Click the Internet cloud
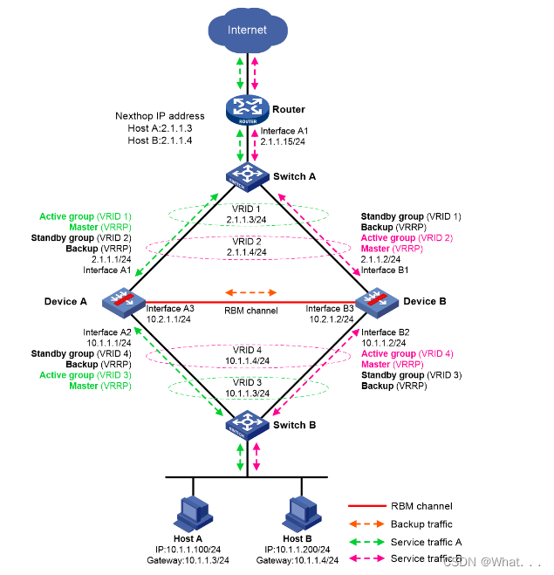247,31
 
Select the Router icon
248,108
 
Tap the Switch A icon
248,175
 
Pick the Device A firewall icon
116,301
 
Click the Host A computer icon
194,512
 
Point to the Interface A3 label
170,308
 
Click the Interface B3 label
328,308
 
